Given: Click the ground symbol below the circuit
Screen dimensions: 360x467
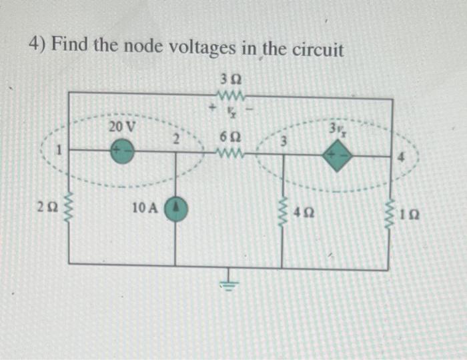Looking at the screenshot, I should pos(229,281).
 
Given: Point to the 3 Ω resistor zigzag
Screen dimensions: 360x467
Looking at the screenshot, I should pos(230,93).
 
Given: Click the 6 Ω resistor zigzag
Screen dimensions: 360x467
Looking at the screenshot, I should pos(230,155).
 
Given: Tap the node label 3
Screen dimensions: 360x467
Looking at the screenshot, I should pos(283,141).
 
